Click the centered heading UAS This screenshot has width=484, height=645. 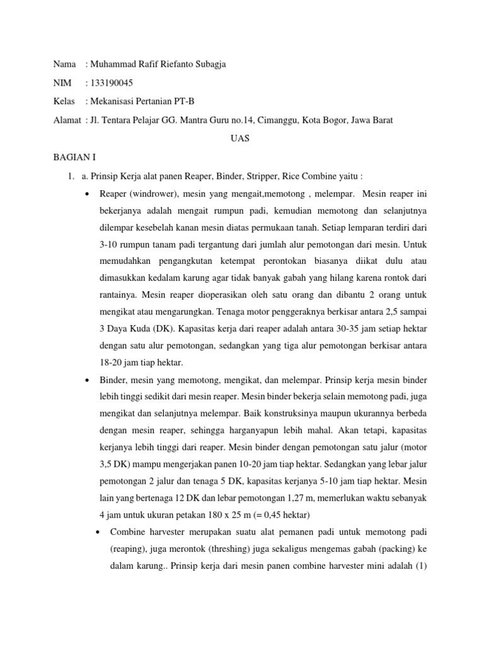pyautogui.click(x=241, y=139)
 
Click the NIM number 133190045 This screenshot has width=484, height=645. pyautogui.click(x=112, y=83)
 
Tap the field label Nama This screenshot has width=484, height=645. pyautogui.click(x=65, y=64)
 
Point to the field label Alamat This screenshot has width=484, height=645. pyautogui.click(x=67, y=120)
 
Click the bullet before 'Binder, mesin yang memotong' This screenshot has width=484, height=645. pyautogui.click(x=86, y=380)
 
